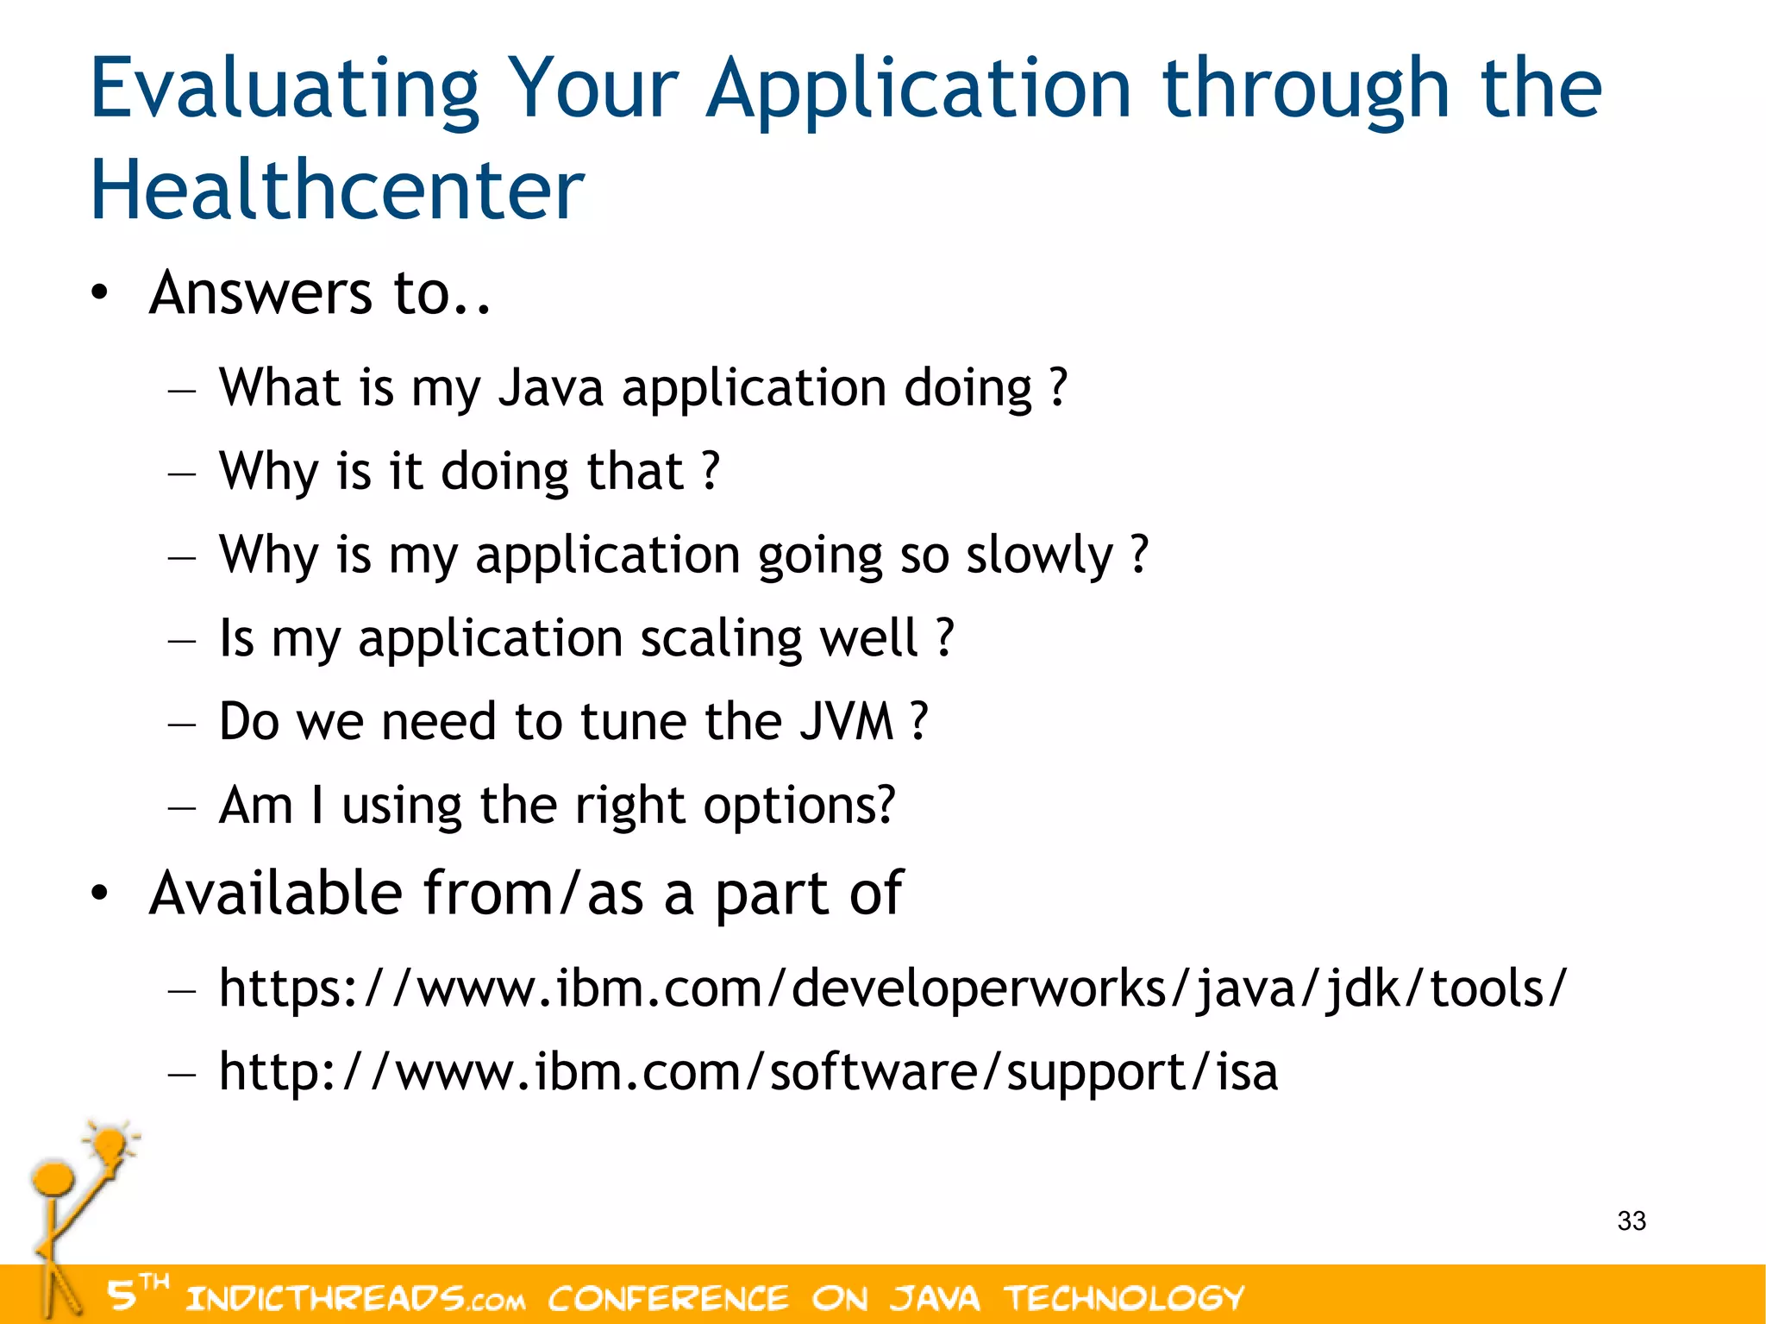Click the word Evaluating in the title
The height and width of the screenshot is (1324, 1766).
[285, 90]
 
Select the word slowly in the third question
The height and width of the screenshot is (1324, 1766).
[1039, 555]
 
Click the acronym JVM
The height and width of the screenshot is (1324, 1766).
[846, 721]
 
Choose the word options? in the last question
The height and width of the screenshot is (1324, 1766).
[799, 806]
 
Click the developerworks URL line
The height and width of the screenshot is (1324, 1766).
[892, 988]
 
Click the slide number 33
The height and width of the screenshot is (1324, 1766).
[1631, 1220]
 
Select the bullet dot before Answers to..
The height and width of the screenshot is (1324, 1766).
[100, 293]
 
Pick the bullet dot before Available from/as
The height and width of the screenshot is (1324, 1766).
[100, 894]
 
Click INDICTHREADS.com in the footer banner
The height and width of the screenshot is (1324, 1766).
[354, 1297]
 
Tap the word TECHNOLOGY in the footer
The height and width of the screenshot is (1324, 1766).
[1124, 1297]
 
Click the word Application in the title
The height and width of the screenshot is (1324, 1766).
[918, 90]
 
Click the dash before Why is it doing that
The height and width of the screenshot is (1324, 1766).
[182, 474]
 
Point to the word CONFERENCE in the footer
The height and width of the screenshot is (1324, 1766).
[667, 1297]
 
